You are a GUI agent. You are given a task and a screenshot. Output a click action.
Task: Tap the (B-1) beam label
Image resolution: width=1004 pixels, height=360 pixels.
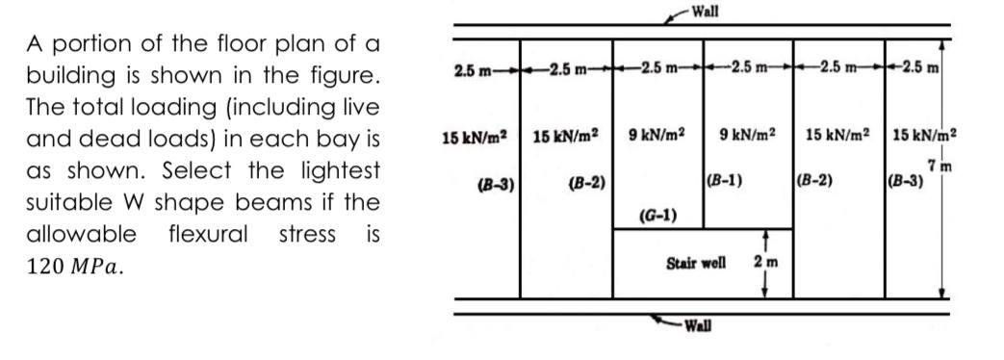724,180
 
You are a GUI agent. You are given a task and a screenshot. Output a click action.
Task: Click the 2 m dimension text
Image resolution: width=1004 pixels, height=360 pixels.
767,263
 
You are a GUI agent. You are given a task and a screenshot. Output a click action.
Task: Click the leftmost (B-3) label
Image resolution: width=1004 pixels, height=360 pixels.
493,180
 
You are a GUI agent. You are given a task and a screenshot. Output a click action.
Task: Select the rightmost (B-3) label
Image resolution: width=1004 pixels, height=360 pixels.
906,180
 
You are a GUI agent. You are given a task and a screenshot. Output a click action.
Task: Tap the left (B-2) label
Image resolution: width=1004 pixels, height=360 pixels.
586,180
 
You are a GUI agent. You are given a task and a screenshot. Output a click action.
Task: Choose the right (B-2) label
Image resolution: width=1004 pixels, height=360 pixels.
816,180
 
